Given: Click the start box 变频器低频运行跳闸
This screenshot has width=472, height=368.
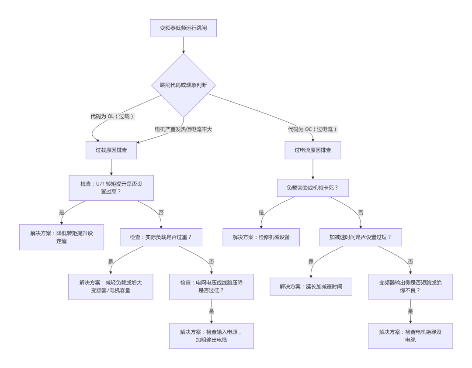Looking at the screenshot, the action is point(183,28).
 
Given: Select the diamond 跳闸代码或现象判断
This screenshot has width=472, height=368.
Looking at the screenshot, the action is point(184,85).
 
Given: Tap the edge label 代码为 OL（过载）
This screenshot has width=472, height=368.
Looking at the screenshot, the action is point(112,117).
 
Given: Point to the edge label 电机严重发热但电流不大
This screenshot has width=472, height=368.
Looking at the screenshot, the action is point(183,129).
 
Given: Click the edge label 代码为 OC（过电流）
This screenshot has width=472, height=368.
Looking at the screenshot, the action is point(313,129).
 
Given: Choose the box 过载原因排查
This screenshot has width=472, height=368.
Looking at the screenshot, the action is point(111,150).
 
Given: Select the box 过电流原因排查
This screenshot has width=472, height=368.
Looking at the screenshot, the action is point(313,150).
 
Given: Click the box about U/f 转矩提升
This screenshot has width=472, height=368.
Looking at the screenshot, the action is point(111,188).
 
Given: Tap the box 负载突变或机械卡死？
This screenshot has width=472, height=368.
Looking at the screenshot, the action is point(313,188).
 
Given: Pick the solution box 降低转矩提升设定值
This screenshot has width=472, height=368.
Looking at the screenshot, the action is point(62,237).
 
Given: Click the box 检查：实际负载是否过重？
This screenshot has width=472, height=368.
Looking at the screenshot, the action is point(161,237).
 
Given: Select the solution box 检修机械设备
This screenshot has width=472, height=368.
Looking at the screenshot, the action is point(261,237).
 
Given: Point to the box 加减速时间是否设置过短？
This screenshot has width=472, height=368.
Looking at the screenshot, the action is point(361,237).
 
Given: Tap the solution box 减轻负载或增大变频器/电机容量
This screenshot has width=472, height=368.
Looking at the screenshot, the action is point(111,286).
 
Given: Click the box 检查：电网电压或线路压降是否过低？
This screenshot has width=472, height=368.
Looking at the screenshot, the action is point(212,286).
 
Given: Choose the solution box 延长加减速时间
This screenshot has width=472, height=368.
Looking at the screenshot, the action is point(311,286).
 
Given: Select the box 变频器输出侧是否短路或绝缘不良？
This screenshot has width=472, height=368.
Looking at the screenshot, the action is point(410,286).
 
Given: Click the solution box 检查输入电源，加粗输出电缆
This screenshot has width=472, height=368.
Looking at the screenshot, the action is point(212,336).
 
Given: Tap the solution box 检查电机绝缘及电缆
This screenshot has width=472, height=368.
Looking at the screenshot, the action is point(410,336).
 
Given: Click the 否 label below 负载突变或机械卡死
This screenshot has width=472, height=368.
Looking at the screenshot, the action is point(361,213).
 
